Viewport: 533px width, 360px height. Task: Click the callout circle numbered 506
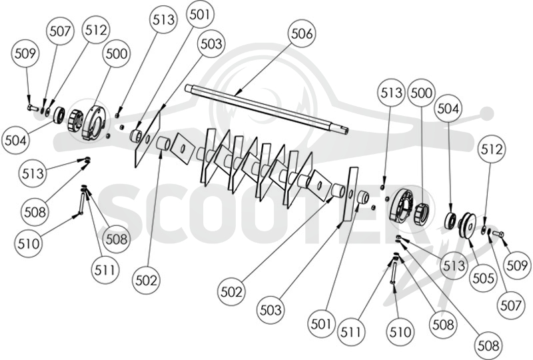tap(302, 34)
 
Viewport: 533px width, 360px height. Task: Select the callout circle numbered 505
tap(483, 278)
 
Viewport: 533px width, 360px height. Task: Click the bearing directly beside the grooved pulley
tap(451, 220)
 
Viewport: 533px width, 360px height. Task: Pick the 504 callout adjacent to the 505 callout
tap(448, 109)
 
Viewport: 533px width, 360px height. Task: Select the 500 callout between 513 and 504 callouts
tap(421, 93)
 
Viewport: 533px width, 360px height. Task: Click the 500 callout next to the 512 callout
tap(117, 54)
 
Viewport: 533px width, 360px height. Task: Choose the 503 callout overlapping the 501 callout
tap(211, 44)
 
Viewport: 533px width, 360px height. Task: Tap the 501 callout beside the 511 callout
tap(321, 323)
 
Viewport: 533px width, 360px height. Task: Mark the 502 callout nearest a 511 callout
tap(147, 281)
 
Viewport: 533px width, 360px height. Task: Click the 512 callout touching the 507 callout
tap(96, 30)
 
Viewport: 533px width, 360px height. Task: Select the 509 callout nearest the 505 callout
tap(517, 265)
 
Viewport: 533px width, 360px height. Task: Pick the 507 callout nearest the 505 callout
tap(511, 306)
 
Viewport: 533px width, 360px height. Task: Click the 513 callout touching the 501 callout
tap(163, 20)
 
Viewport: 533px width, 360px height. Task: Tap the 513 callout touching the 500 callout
tap(392, 93)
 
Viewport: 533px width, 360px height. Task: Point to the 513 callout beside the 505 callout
tap(454, 265)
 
